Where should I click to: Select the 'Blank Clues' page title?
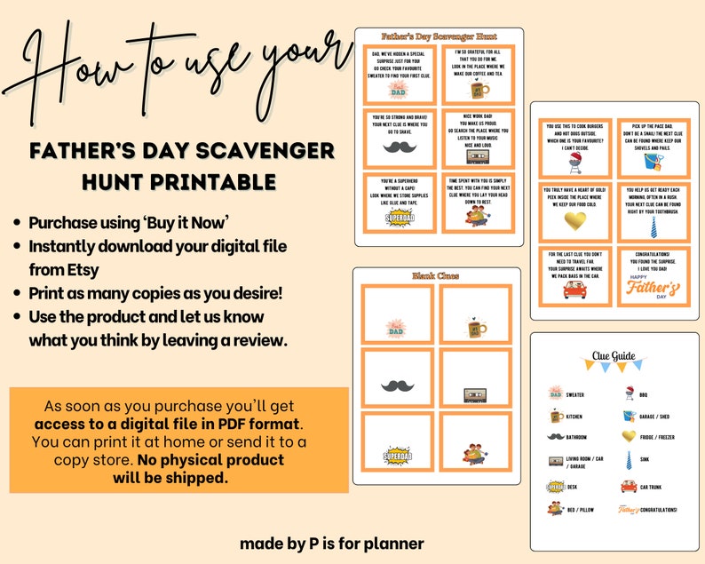point(432,276)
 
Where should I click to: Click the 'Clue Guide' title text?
point(614,357)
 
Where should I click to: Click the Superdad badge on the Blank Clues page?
point(397,455)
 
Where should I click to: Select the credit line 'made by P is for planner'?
point(331,543)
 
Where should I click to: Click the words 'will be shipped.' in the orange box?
point(170,477)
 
